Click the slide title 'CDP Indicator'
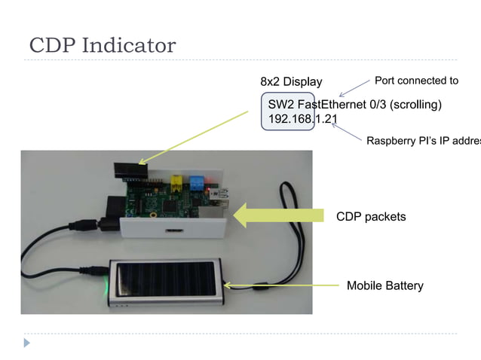tap(103, 46)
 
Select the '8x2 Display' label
tap(291, 81)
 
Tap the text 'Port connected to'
tap(416, 81)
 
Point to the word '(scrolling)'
tap(412, 104)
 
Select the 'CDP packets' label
tap(371, 217)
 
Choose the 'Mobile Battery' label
tap(384, 285)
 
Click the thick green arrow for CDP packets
tap(279, 215)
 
